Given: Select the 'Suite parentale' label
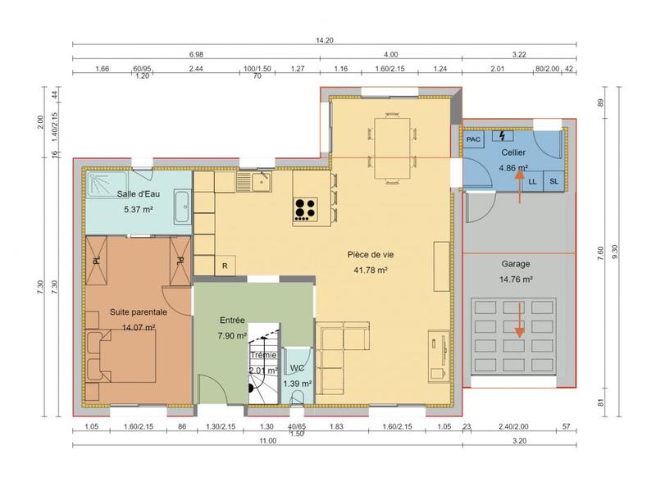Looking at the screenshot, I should tap(139, 312).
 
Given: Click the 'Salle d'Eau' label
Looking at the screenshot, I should tap(139, 193).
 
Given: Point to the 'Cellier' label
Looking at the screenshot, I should tap(513, 153).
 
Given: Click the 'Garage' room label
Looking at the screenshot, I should tap(516, 265).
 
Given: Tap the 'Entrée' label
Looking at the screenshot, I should tap(233, 321).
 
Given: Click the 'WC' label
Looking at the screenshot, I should tap(297, 369).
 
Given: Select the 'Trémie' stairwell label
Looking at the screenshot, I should tap(263, 355).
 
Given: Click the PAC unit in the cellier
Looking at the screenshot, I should tap(473, 140).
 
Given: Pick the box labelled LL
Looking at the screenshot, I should tap(533, 181).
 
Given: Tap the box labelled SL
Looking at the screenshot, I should tap(553, 181).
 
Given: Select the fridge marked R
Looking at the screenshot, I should tap(225, 266).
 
